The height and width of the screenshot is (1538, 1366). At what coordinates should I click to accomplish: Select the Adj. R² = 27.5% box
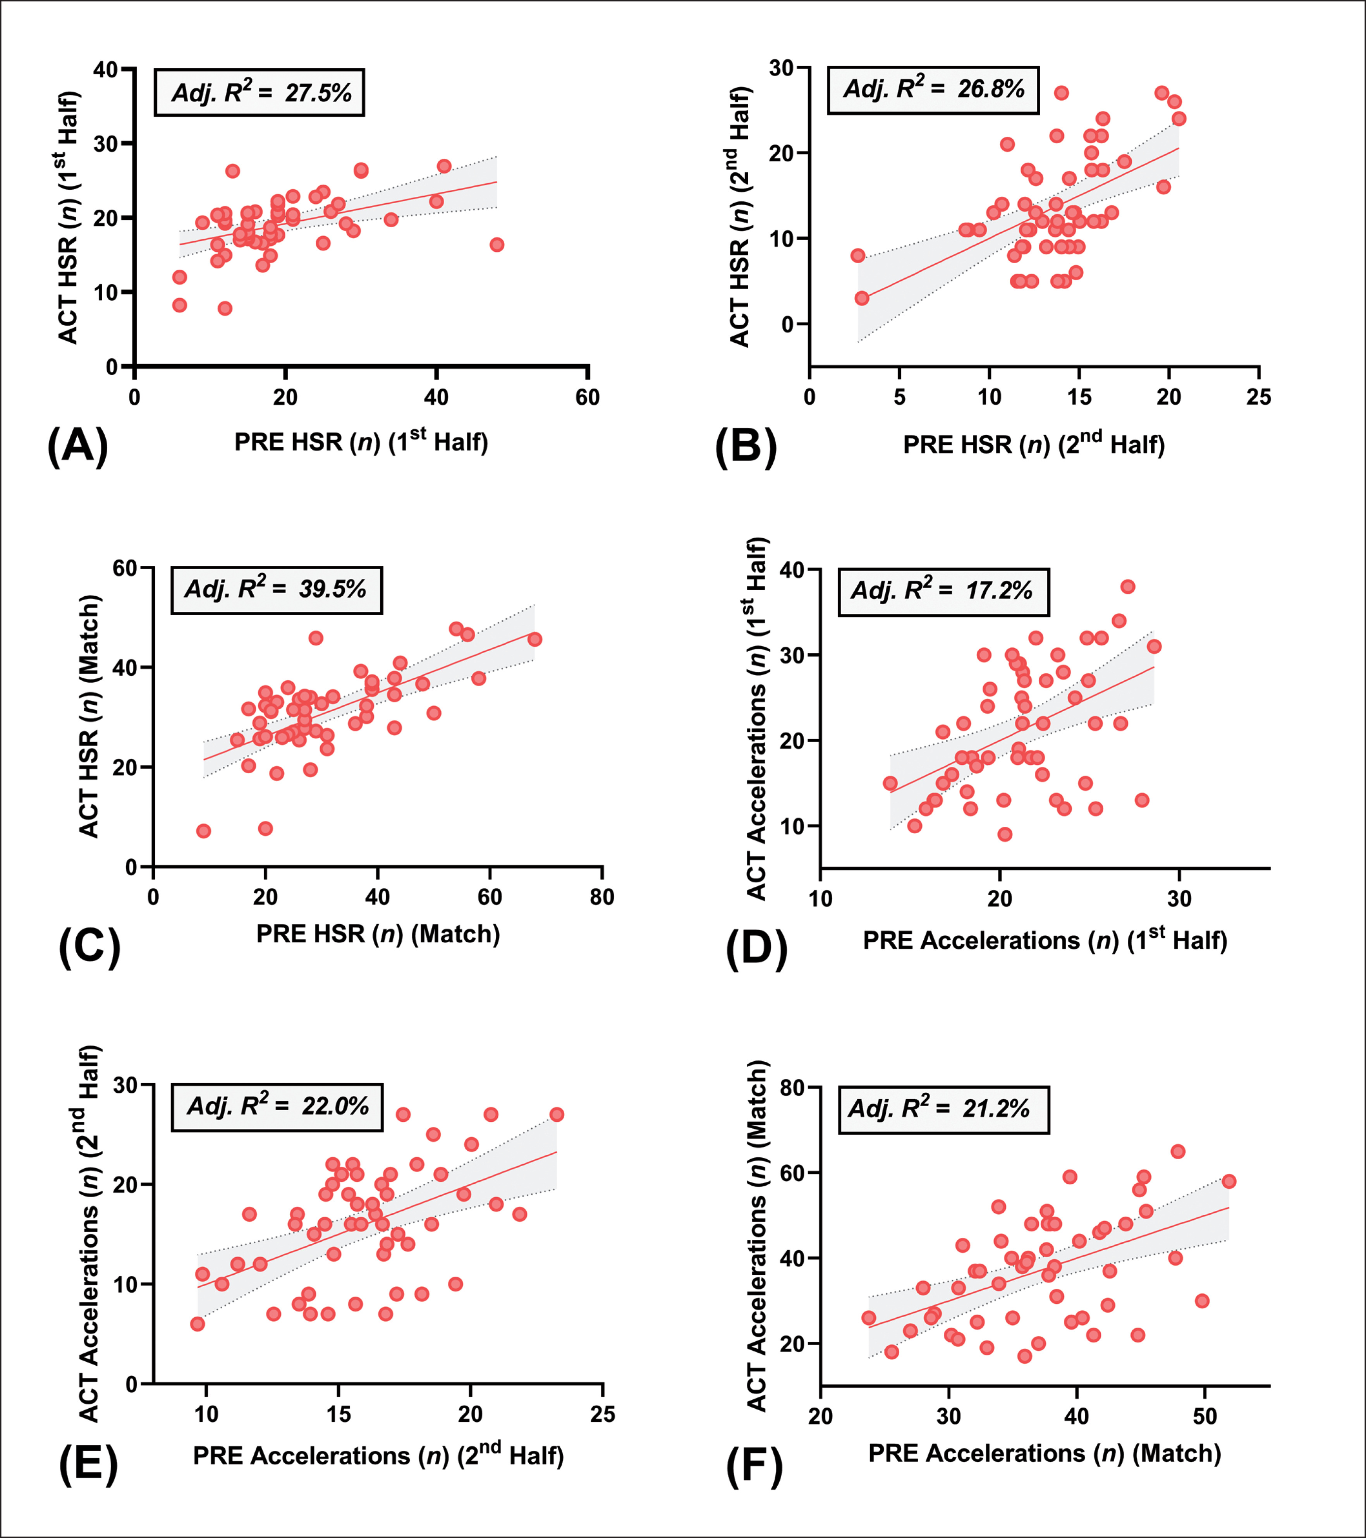point(259,93)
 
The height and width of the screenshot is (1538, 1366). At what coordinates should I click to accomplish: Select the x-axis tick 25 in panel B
point(1258,397)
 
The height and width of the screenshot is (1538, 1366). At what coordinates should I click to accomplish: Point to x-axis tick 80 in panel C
point(602,897)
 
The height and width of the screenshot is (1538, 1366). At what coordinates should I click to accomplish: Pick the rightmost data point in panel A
point(497,245)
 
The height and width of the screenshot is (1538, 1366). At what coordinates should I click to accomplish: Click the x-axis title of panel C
point(378,934)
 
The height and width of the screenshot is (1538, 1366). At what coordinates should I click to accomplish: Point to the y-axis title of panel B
point(741,217)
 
